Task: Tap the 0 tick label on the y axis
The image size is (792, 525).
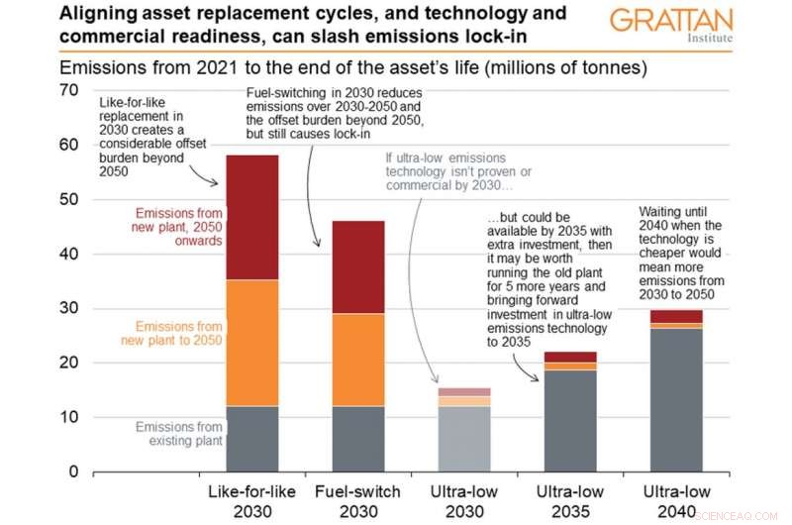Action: click(71, 472)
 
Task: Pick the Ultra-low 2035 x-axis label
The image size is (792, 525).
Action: click(569, 500)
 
